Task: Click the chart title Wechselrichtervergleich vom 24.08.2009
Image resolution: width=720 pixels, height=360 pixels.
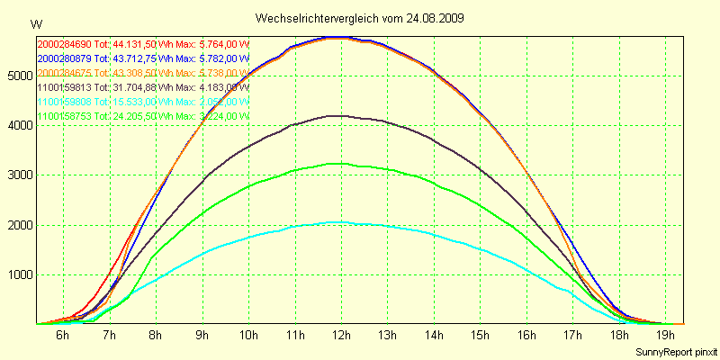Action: (x=360, y=18)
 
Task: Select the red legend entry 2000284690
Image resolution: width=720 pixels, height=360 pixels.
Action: (x=64, y=44)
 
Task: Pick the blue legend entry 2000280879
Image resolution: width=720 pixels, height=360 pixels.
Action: (x=64, y=58)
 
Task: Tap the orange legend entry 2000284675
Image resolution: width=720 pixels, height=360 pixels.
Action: (x=64, y=73)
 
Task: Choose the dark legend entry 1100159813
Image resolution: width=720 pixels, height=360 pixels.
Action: (x=64, y=87)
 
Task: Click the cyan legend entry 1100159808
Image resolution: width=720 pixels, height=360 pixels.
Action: (x=64, y=102)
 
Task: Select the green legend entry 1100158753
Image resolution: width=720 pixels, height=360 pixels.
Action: (x=64, y=116)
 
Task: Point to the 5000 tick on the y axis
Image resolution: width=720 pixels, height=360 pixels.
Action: (x=20, y=76)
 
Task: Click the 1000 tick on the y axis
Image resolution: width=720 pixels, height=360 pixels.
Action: (x=20, y=275)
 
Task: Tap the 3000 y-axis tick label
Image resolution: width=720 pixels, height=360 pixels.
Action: (x=20, y=175)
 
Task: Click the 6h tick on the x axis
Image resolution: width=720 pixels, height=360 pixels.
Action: (x=62, y=335)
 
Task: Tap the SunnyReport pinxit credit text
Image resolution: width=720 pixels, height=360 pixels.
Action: (x=675, y=351)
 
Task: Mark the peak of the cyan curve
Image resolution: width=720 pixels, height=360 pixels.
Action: (x=335, y=221)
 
